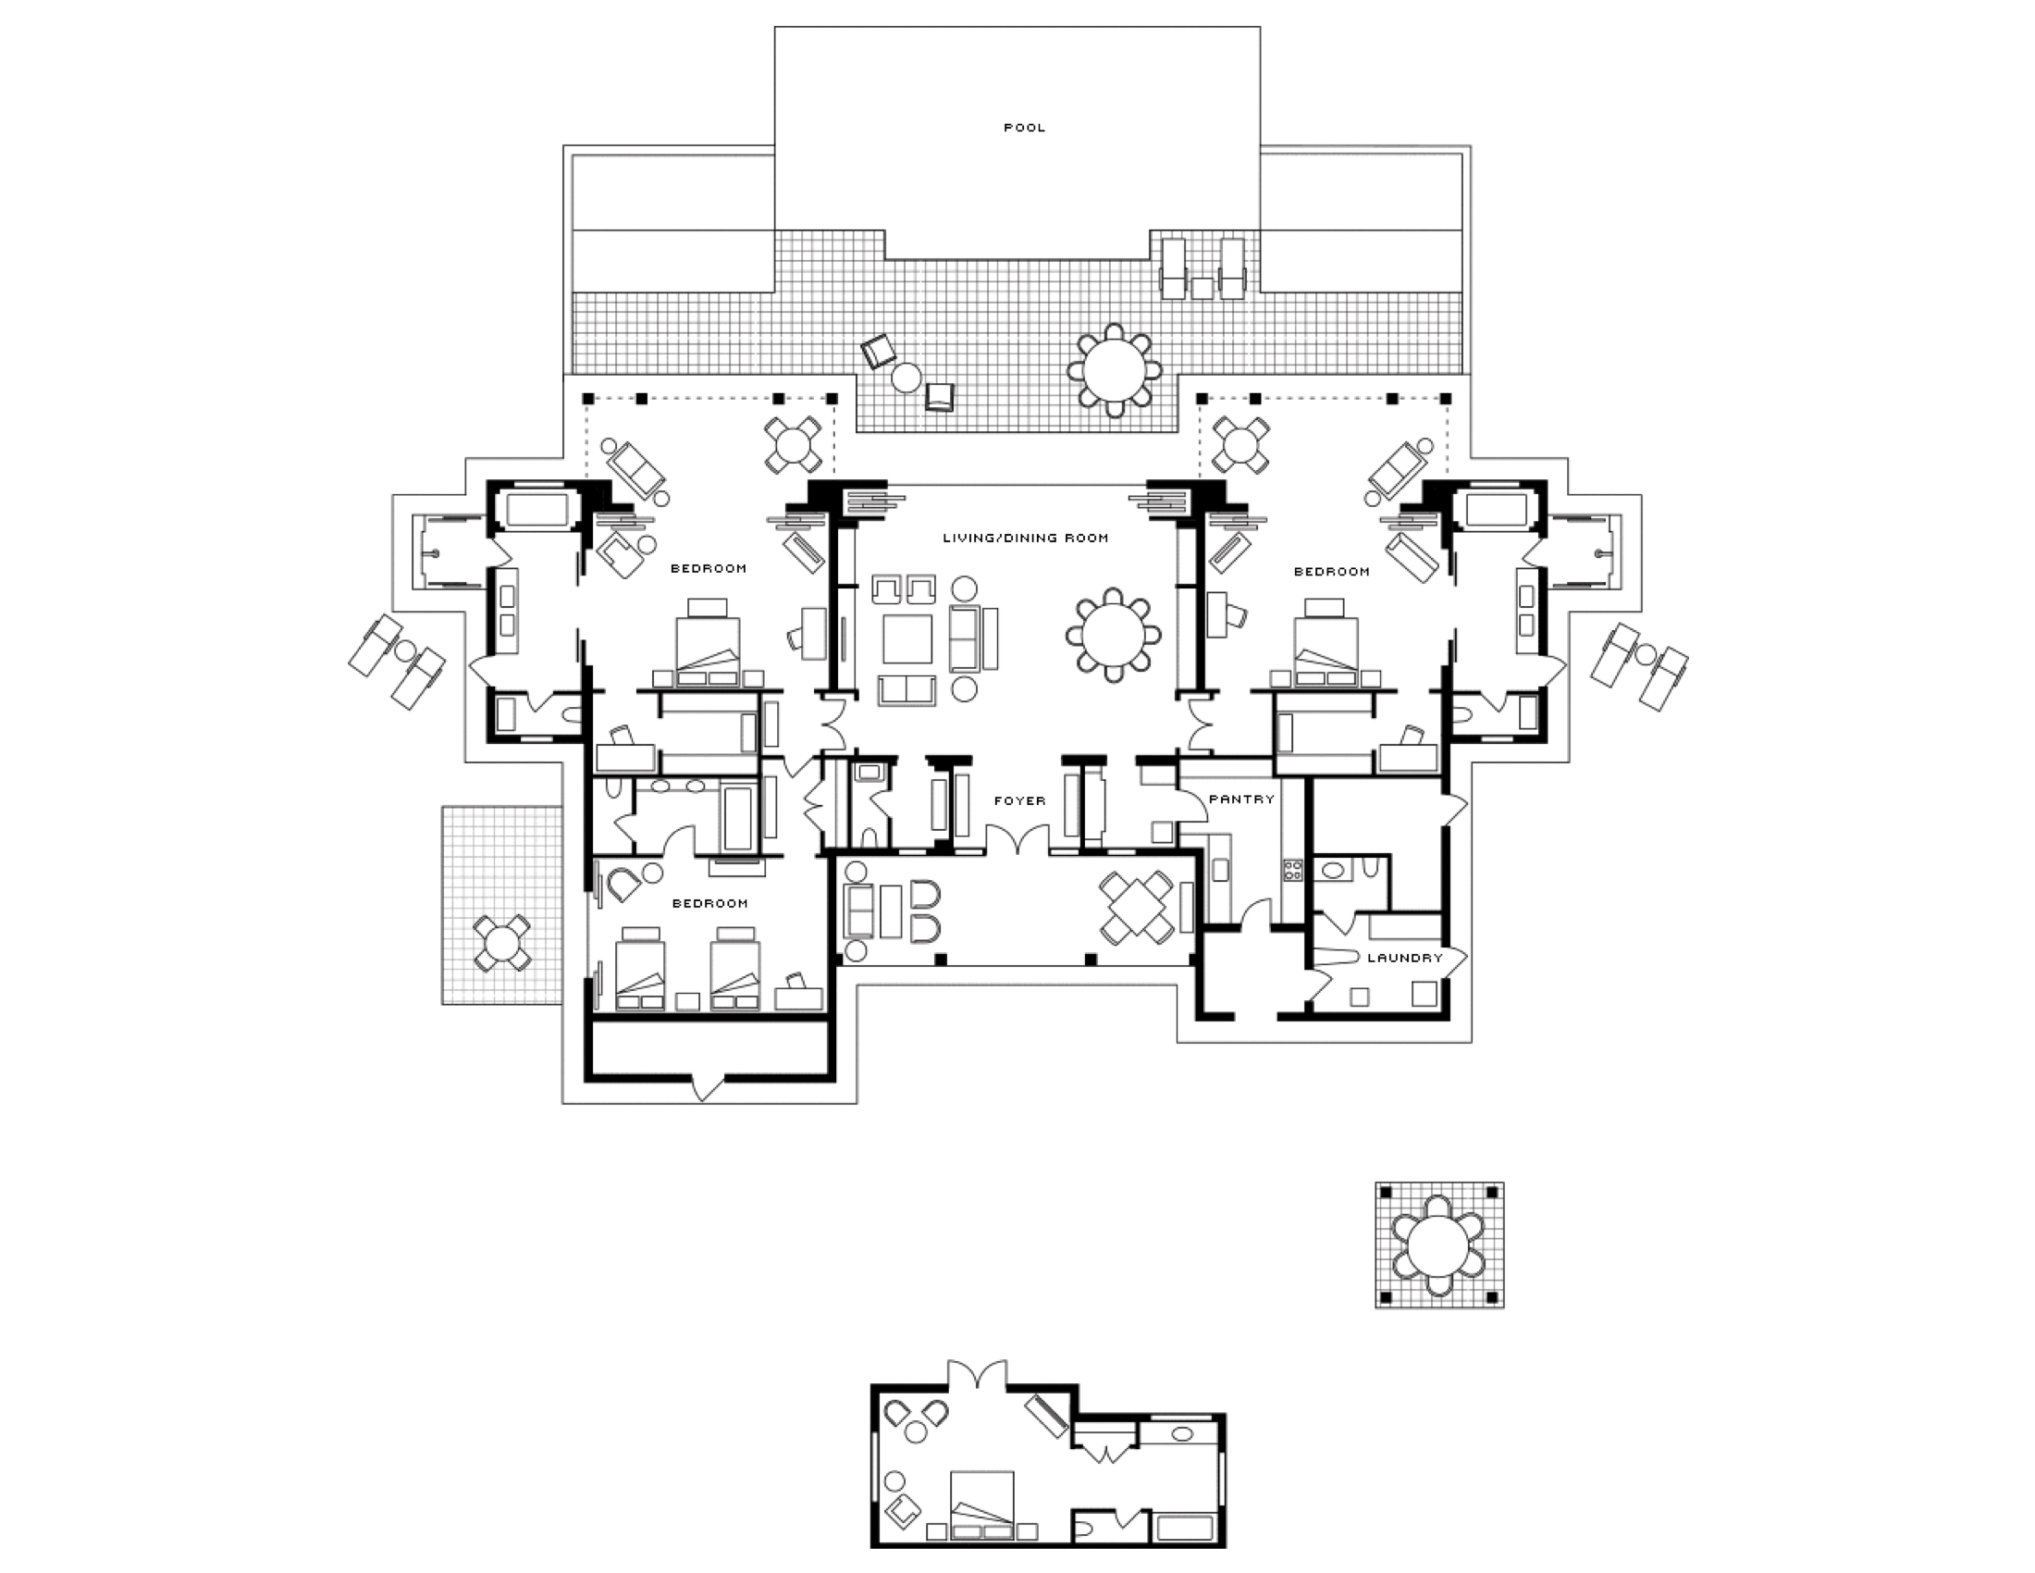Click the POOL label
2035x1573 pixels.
pos(1024,128)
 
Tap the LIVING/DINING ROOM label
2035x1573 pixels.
pos(1025,538)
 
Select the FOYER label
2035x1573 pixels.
pos(1019,800)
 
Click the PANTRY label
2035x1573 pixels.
pos(1241,799)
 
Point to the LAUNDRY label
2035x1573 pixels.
pos(1404,957)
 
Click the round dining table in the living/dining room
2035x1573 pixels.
pos(1114,636)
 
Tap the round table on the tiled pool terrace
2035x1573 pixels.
pos(1115,369)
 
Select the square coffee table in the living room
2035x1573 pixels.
pos(906,638)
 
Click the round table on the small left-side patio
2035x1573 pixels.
pos(502,943)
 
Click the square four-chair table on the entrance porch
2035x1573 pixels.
pos(1136,907)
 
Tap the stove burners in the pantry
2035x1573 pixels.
pos(1292,871)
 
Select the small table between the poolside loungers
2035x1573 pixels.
pos(1202,288)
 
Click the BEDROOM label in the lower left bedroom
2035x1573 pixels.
pos(709,903)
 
